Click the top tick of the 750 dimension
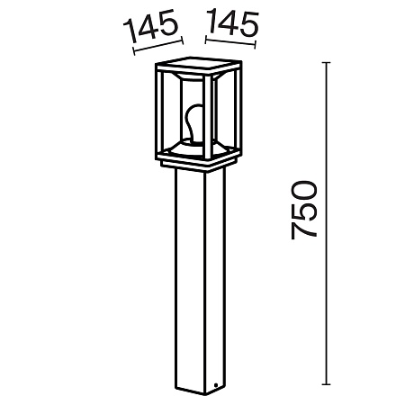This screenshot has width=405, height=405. [x=326, y=63]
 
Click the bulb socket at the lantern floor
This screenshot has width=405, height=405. [x=191, y=142]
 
